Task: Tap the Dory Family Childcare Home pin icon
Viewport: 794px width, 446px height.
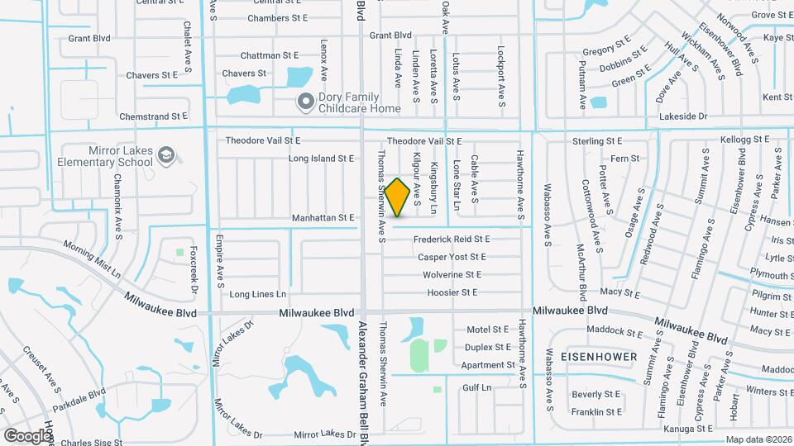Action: (x=305, y=102)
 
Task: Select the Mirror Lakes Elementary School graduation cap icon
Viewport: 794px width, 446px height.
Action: (x=166, y=154)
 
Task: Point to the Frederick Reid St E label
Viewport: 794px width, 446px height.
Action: (x=452, y=240)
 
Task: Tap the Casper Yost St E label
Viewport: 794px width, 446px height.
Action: (x=452, y=258)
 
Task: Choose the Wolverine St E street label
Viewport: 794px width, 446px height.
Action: (x=452, y=275)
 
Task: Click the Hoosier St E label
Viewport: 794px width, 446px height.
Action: (x=452, y=292)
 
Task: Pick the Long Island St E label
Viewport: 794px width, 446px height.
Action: (x=321, y=159)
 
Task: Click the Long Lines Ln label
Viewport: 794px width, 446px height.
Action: (x=257, y=294)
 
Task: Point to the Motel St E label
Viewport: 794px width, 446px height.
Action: (x=488, y=329)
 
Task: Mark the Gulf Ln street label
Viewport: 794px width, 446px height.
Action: (x=477, y=387)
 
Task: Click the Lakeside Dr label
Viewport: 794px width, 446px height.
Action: (x=682, y=117)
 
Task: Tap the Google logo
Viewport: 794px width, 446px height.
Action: (x=26, y=435)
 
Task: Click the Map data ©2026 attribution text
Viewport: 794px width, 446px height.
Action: (x=758, y=440)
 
